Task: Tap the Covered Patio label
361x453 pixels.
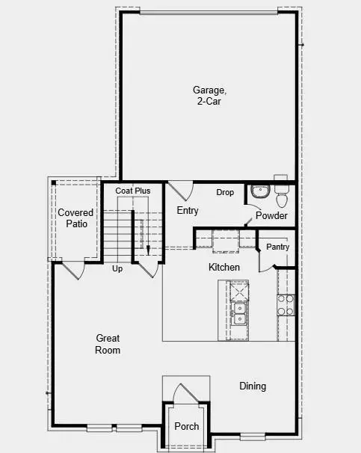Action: point(75,218)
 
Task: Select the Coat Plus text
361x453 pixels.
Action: point(132,191)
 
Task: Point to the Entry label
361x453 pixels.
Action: point(188,211)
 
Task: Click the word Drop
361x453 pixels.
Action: point(225,193)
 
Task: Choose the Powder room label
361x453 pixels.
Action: point(271,216)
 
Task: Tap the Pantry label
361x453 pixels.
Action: point(277,247)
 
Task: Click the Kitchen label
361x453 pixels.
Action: point(224,267)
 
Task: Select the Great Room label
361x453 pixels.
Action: point(108,344)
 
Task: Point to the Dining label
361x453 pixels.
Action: point(253,386)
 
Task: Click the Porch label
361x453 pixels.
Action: point(186,427)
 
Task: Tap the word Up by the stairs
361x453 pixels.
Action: point(117,268)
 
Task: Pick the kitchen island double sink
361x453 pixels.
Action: point(240,313)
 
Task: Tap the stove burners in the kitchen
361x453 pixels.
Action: point(286,304)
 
